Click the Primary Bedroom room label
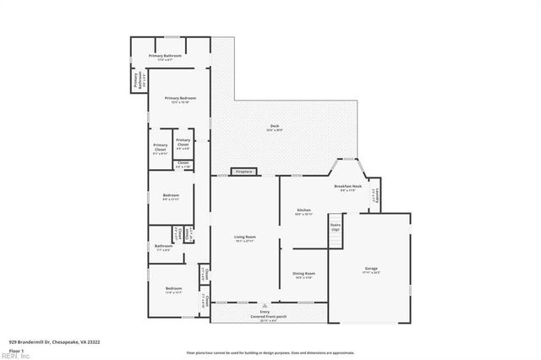tap(183, 99)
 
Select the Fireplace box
tap(244, 172)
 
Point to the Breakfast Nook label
tap(347, 185)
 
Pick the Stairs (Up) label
tap(336, 227)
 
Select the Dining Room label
tap(303, 273)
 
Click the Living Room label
tap(244, 237)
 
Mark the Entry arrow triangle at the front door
tap(265, 303)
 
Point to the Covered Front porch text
tap(265, 315)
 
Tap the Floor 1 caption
tap(16, 349)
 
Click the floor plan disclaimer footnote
tap(270, 352)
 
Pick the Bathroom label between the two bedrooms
tap(163, 246)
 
